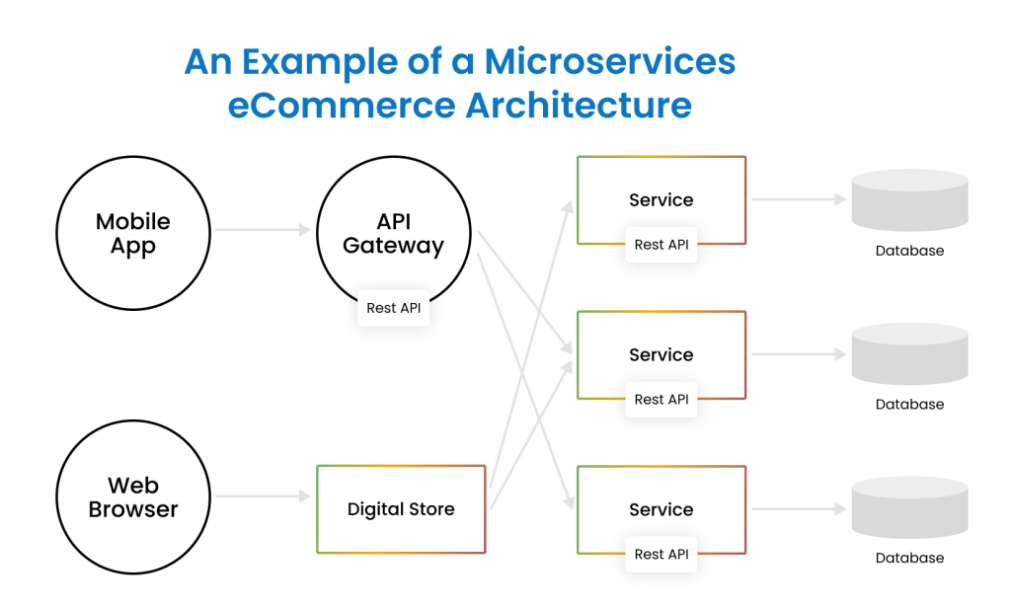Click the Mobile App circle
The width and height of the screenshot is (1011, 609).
132,234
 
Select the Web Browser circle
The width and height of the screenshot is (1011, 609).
132,497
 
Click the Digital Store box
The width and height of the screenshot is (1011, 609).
401,509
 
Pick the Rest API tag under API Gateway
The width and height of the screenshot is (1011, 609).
393,308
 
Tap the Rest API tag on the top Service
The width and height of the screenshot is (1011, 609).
661,245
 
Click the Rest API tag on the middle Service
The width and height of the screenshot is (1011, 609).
661,400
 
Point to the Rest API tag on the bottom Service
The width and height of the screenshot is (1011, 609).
661,554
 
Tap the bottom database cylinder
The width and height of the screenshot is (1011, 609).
909,508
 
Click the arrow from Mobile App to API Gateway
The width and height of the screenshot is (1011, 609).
263,231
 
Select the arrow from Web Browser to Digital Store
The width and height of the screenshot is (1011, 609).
263,497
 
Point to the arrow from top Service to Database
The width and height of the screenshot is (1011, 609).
798,199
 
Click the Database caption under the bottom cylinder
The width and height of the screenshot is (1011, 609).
909,558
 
